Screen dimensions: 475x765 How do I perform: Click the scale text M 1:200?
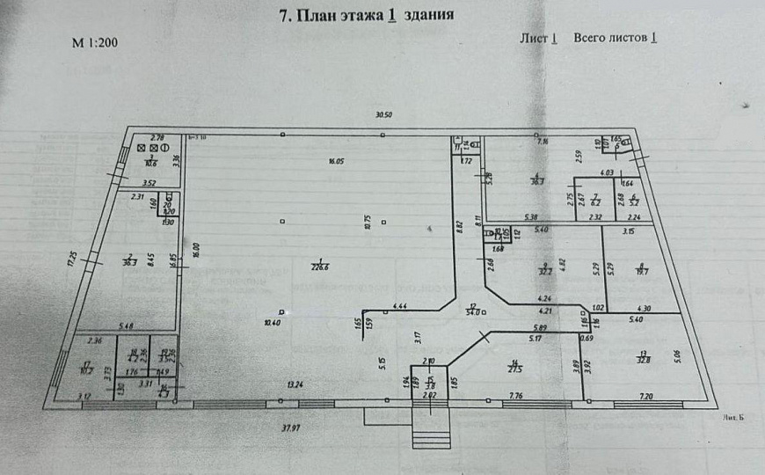pyautogui.click(x=94, y=42)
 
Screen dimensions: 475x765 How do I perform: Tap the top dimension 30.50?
pyautogui.click(x=383, y=115)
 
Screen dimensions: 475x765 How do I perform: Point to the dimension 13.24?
pyautogui.click(x=295, y=384)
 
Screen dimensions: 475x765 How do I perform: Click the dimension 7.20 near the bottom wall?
pyautogui.click(x=647, y=397)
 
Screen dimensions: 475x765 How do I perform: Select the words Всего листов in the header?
pyautogui.click(x=611, y=38)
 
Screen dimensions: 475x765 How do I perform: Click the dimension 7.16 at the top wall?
pyautogui.click(x=543, y=141)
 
